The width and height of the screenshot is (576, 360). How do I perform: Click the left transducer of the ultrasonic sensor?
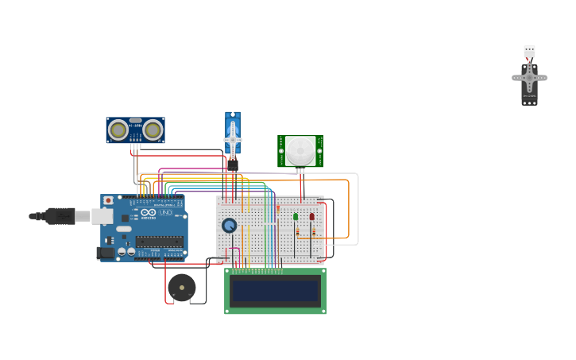[118, 130]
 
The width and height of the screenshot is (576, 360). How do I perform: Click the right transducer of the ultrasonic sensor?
[153, 130]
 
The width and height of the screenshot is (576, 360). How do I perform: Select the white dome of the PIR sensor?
[300, 150]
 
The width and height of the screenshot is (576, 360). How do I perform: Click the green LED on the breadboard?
[296, 216]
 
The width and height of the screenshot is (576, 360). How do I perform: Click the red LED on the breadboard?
[312, 216]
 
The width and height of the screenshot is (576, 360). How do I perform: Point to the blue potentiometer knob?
[230, 226]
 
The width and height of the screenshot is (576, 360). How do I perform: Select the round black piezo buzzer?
[182, 288]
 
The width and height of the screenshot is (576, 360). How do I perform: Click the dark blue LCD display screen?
[275, 292]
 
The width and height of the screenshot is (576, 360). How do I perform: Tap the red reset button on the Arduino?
[108, 201]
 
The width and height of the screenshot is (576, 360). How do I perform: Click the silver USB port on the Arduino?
[102, 216]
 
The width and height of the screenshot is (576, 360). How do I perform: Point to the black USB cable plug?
[60, 215]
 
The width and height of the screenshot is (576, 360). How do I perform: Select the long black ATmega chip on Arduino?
[159, 241]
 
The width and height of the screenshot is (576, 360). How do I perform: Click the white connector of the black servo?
[529, 51]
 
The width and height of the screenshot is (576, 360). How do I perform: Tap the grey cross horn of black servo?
[529, 78]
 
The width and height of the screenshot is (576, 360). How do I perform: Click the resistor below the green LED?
[298, 232]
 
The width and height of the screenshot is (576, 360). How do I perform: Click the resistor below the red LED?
[314, 232]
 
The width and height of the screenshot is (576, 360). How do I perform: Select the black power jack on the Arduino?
[104, 253]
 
